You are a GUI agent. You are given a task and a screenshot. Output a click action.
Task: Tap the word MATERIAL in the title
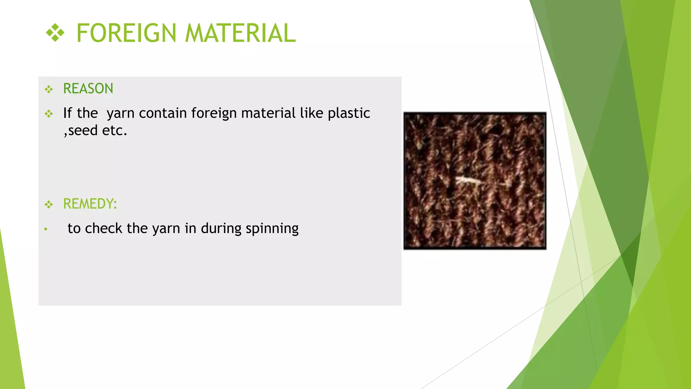pos(240,33)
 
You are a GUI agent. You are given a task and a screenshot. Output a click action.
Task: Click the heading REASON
pos(88,89)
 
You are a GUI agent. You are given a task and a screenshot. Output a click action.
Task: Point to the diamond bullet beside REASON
pos(49,89)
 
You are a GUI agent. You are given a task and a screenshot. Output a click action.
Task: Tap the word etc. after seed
pos(115,131)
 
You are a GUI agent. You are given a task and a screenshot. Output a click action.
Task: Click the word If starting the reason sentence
pos(67,113)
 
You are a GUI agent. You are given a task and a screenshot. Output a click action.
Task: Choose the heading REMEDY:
pos(90,204)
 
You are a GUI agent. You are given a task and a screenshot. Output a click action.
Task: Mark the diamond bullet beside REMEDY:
pos(49,205)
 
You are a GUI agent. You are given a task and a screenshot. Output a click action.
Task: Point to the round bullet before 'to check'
pos(46,230)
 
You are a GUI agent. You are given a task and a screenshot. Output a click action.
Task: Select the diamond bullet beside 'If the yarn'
pos(49,114)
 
